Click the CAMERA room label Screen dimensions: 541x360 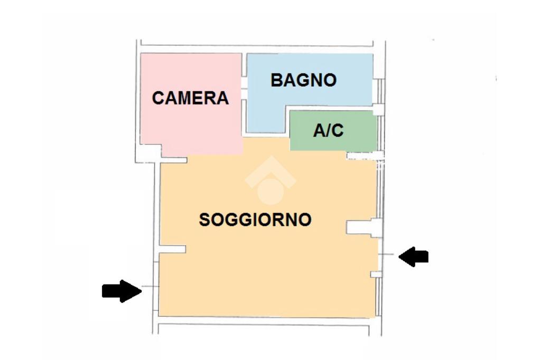click(x=190, y=98)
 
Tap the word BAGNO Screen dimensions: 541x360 click(x=303, y=80)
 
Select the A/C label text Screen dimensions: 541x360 click(x=328, y=130)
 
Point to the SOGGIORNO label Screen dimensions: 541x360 click(x=255, y=220)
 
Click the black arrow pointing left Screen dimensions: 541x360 click(x=413, y=257)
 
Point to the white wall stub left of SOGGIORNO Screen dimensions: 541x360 click(x=173, y=249)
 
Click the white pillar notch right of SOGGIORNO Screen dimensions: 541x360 click(x=360, y=227)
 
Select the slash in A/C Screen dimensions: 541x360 click(x=328, y=130)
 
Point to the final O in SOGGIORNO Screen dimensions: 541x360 click(x=304, y=220)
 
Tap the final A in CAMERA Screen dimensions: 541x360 click(x=222, y=98)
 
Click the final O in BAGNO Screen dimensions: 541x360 click(x=330, y=80)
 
